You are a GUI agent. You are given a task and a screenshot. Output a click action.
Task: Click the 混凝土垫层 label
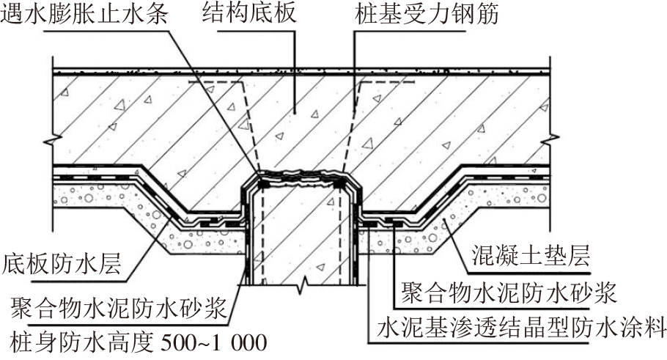(526, 256)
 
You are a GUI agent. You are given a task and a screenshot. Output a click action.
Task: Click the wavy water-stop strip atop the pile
(303, 175)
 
